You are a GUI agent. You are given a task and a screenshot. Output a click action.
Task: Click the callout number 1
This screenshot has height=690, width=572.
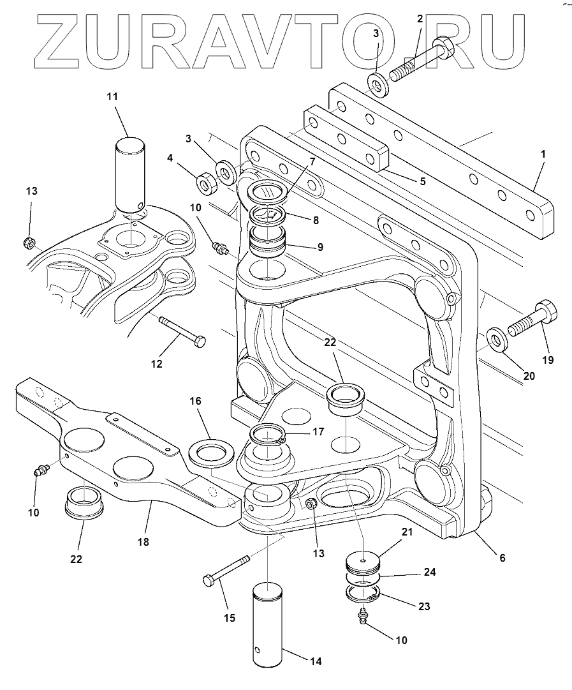click(x=543, y=154)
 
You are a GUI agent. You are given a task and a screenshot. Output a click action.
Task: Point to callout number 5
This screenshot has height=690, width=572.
click(x=423, y=181)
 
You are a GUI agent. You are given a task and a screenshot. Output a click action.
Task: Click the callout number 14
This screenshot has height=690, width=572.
click(x=316, y=661)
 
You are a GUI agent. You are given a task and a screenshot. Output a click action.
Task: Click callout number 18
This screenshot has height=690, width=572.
click(x=143, y=542)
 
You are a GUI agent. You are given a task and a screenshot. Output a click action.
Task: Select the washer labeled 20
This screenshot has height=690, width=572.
click(x=495, y=340)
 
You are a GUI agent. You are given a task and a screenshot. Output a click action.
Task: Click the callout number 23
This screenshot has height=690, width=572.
click(x=423, y=606)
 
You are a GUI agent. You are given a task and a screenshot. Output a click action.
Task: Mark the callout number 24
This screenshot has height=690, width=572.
click(x=430, y=572)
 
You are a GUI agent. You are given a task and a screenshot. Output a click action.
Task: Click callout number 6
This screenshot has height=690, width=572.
click(x=502, y=557)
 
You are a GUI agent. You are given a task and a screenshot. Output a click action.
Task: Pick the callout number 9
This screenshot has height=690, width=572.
click(x=319, y=247)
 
